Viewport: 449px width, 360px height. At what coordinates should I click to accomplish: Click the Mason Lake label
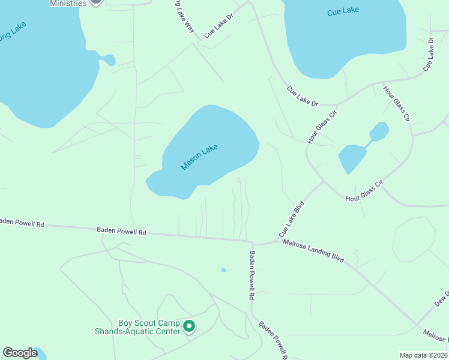[x=199, y=157]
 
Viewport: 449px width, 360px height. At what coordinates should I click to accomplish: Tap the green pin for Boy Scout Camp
[x=189, y=326]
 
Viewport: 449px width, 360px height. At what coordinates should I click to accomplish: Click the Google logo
[x=20, y=353]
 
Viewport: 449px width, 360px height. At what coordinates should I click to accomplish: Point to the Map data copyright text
[x=423, y=355]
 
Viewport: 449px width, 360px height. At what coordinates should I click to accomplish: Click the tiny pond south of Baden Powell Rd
[x=223, y=270]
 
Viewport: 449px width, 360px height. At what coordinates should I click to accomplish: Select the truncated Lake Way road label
[x=185, y=18]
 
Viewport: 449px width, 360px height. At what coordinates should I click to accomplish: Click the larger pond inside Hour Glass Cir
[x=352, y=157]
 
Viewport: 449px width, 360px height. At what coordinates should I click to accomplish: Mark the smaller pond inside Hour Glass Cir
[x=379, y=130]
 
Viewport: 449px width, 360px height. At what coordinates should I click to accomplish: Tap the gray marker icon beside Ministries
[x=96, y=2]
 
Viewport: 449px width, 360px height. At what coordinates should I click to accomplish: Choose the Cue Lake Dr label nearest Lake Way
[x=218, y=26]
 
